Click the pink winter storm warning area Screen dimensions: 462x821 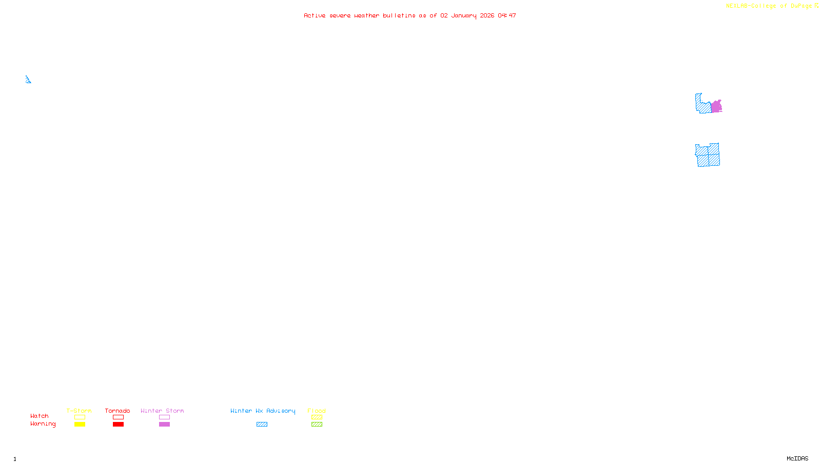click(x=716, y=107)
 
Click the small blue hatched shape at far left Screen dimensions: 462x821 click(x=28, y=80)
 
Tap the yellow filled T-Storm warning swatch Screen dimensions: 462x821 click(x=80, y=425)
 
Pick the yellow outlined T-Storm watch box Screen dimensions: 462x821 click(x=80, y=417)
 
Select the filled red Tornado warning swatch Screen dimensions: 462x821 click(x=118, y=425)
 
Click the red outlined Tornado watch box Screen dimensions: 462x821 click(x=118, y=417)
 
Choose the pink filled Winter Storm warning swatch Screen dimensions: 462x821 click(x=164, y=425)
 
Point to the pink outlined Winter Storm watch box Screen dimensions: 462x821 click(x=164, y=417)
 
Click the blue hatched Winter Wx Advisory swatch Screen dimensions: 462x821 click(x=262, y=425)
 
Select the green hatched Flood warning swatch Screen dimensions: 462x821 click(x=317, y=425)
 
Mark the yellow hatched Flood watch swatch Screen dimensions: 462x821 click(x=317, y=417)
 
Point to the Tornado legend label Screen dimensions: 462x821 click(x=118, y=411)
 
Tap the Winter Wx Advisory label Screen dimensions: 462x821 click(x=263, y=411)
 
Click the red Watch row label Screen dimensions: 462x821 click(x=40, y=416)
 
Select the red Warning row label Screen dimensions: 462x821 click(x=43, y=424)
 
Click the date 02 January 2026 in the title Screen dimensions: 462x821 click(x=467, y=16)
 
